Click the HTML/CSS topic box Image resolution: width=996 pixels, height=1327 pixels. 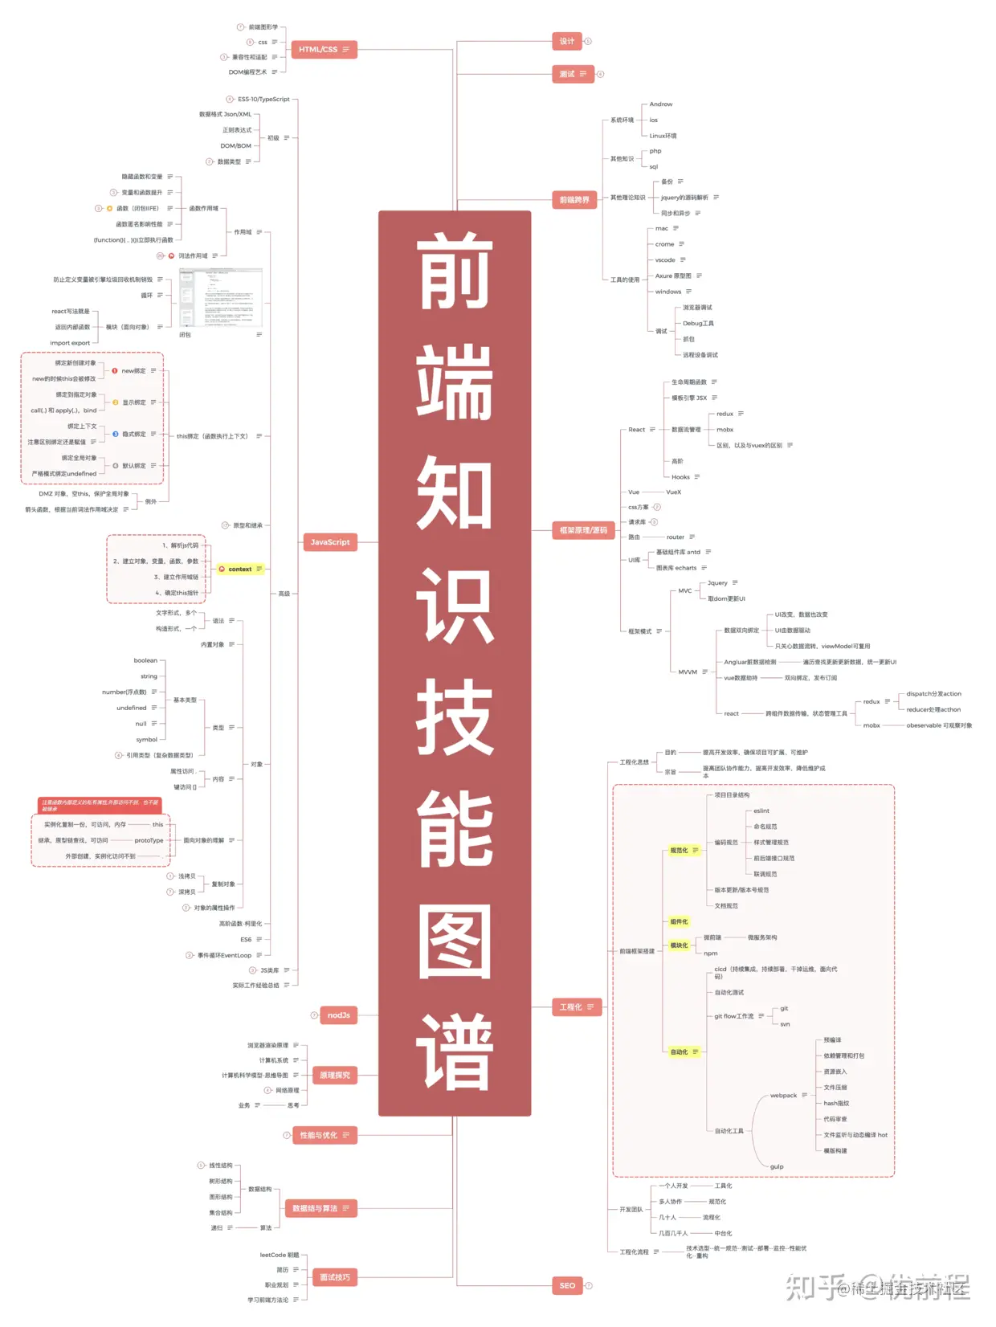click(x=323, y=50)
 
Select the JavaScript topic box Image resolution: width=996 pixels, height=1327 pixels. click(x=330, y=542)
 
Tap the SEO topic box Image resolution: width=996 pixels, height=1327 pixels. click(x=567, y=1285)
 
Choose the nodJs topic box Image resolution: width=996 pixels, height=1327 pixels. click(x=338, y=1015)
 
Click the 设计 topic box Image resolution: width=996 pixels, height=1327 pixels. click(x=567, y=41)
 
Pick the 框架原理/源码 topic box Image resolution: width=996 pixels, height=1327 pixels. click(x=583, y=530)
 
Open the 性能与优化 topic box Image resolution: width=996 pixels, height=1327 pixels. click(x=324, y=1135)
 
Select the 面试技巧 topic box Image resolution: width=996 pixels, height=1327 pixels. click(x=334, y=1277)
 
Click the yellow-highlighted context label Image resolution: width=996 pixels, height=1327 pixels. click(x=239, y=569)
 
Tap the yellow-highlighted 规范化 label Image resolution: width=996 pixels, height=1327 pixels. click(x=680, y=850)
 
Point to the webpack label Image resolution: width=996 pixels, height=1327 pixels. click(x=783, y=1096)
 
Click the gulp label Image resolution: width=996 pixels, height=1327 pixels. click(x=777, y=1166)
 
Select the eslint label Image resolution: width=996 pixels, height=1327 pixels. click(x=761, y=810)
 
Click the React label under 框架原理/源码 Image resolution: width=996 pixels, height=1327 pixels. click(x=636, y=430)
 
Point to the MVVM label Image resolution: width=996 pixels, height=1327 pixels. click(x=688, y=672)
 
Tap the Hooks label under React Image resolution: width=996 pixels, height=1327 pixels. click(x=680, y=477)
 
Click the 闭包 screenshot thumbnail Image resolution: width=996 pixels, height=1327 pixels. click(x=220, y=298)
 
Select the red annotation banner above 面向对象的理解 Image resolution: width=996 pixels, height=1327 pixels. click(x=100, y=805)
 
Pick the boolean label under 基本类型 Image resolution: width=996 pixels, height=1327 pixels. click(x=145, y=660)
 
